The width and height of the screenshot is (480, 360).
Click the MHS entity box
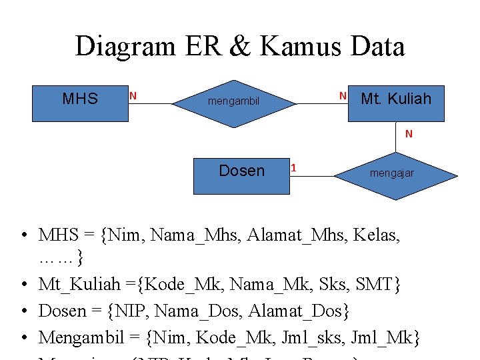pyautogui.click(x=80, y=102)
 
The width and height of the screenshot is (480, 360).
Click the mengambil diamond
pyautogui.click(x=233, y=103)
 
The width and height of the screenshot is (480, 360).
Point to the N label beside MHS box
pyautogui.click(x=133, y=96)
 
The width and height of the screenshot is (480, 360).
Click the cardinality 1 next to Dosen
pyautogui.click(x=294, y=168)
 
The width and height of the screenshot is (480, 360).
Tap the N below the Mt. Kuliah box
pyautogui.click(x=409, y=134)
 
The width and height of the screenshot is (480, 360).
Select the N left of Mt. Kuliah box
pyautogui.click(x=343, y=96)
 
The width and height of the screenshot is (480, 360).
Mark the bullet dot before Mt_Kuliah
pyautogui.click(x=23, y=285)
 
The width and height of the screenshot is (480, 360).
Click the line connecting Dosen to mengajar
pyautogui.click(x=312, y=176)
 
